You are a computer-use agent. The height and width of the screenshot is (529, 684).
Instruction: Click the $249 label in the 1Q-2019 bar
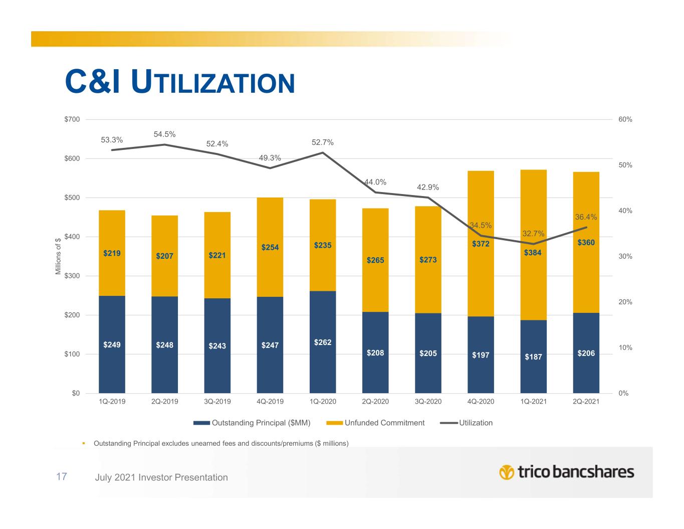pyautogui.click(x=112, y=345)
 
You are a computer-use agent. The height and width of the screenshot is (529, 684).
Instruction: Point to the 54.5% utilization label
pyautogui.click(x=164, y=134)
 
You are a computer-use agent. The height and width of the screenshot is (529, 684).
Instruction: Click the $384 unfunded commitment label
pyautogui.click(x=533, y=253)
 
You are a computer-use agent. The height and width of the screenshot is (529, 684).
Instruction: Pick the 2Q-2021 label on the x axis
pyautogui.click(x=586, y=402)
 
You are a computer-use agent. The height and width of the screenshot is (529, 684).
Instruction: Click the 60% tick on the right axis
pyautogui.click(x=625, y=120)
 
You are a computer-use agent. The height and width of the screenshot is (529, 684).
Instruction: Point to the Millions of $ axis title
pyautogui.click(x=58, y=256)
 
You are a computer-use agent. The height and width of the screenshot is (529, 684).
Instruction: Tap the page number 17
pyautogui.click(x=62, y=476)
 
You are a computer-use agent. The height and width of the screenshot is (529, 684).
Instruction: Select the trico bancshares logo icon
pyautogui.click(x=507, y=472)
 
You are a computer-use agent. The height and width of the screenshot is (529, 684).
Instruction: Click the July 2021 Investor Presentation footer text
pyautogui.click(x=161, y=477)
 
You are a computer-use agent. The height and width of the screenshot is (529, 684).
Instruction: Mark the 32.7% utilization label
pyautogui.click(x=533, y=234)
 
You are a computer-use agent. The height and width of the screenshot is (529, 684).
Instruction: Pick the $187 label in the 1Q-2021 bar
pyautogui.click(x=533, y=357)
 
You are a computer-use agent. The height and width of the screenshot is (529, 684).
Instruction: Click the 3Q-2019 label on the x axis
pyautogui.click(x=217, y=402)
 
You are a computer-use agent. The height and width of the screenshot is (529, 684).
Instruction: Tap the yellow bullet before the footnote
pyautogui.click(x=84, y=443)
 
